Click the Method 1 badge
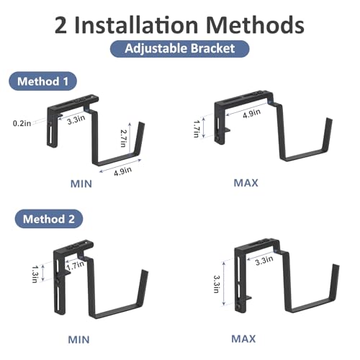pos(43,81)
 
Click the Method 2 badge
pos(49,219)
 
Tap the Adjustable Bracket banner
pos(180,49)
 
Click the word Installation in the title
pos(136,25)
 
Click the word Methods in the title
pos(255,25)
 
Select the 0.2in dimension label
pos(22,123)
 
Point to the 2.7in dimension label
pos(123,138)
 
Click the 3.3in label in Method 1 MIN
pos(76,120)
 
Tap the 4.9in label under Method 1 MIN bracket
pos(122,171)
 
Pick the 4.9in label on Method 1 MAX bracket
pos(251,113)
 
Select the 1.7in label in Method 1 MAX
pos(197,129)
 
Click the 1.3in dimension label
pos(35,274)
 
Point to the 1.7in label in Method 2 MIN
pos(76,265)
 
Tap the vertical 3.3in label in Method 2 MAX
pos(217,284)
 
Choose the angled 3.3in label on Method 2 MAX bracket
pos(264,261)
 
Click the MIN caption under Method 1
pos(81,184)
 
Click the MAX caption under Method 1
pos(246,183)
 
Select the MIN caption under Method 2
pos(79,340)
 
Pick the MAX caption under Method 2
pos(243,339)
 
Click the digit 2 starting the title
pos(60,25)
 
